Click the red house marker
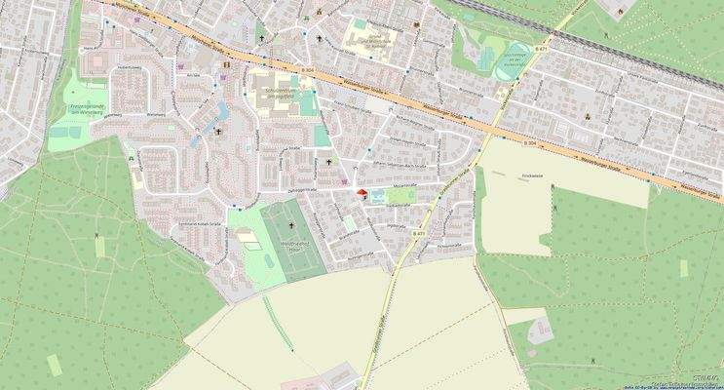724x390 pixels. point(362,193)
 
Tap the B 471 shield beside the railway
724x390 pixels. point(541,47)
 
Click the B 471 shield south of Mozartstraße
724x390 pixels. point(419,235)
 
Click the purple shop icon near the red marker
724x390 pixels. point(343,179)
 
